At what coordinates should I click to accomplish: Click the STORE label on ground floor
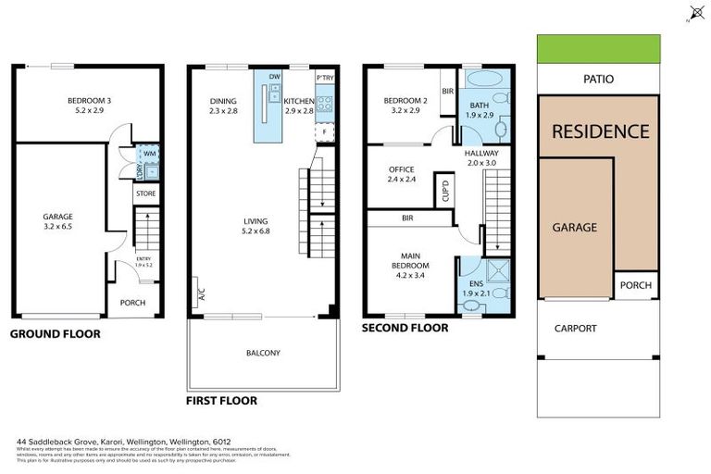click(x=145, y=193)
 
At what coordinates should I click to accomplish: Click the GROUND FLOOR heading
click(x=55, y=334)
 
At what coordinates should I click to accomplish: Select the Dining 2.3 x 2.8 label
click(x=224, y=105)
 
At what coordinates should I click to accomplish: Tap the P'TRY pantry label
click(x=324, y=78)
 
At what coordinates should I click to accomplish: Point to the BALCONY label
click(x=263, y=353)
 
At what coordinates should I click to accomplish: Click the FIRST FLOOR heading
click(x=221, y=401)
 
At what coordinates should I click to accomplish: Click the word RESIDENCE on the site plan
click(x=600, y=131)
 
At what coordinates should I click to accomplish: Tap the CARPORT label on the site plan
click(x=575, y=328)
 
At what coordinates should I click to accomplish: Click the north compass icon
click(x=696, y=12)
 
